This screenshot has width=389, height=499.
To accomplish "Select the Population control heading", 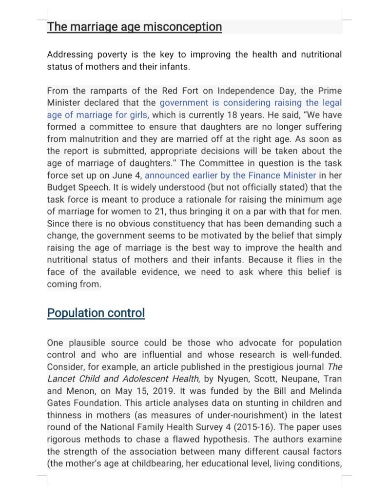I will click(x=96, y=312).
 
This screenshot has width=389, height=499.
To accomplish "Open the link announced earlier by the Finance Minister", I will click(x=230, y=175).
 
